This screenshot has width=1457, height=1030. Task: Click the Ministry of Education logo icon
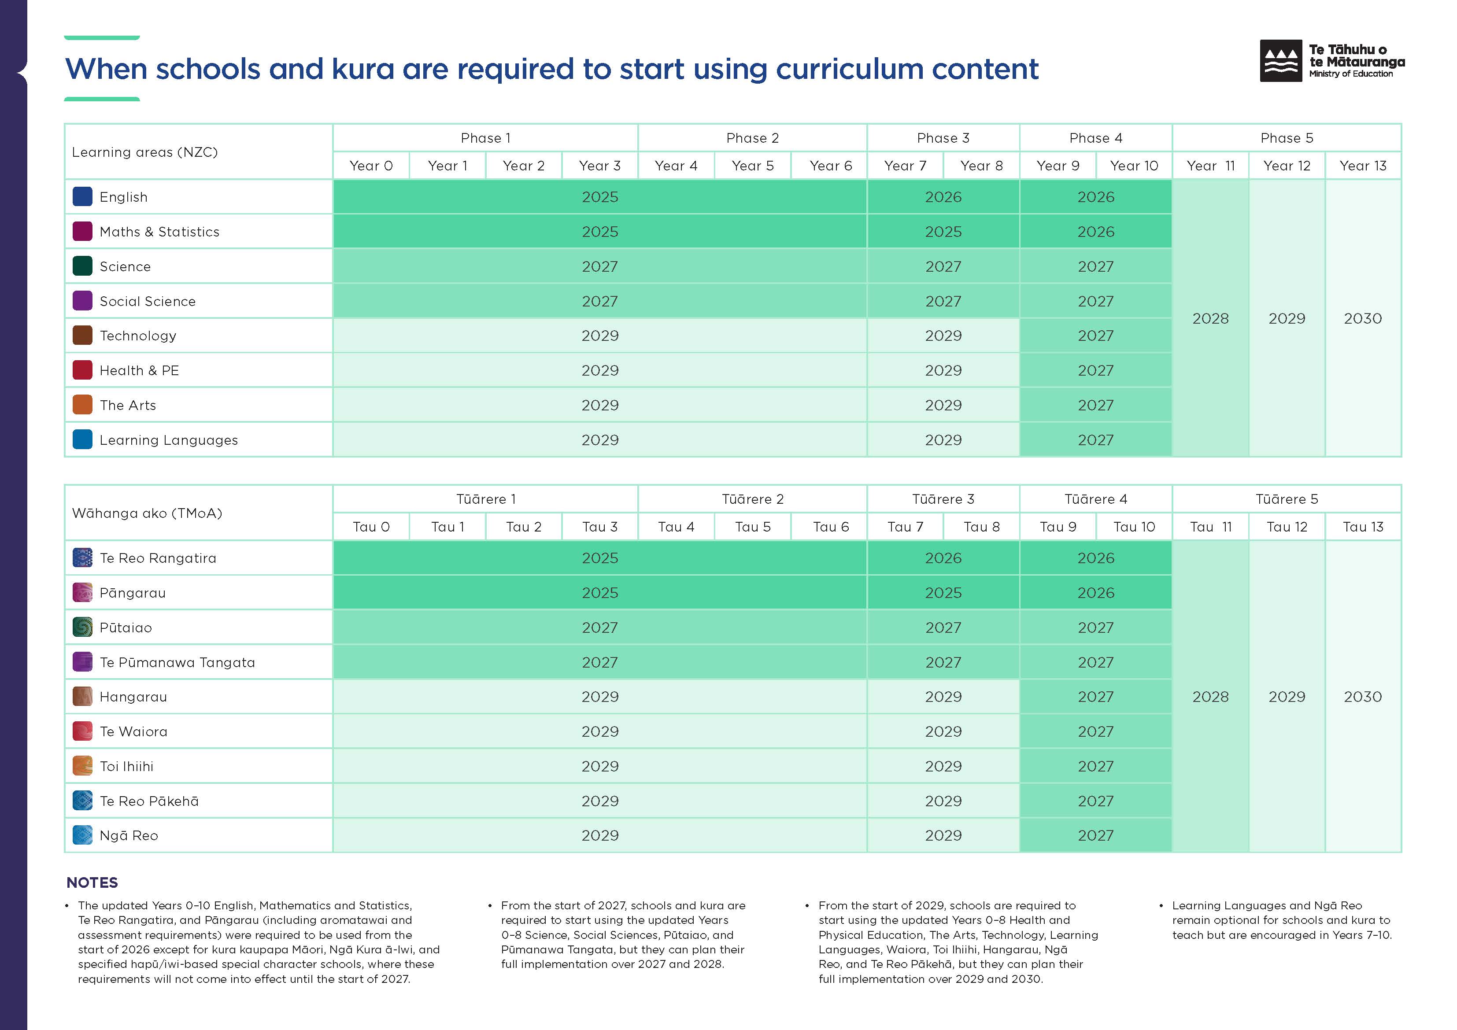(x=1280, y=61)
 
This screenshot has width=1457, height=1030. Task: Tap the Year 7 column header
(x=905, y=166)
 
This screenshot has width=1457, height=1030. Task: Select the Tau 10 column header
(x=1134, y=527)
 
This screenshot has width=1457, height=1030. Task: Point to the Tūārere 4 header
(x=1095, y=499)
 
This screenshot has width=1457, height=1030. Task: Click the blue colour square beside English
(x=82, y=197)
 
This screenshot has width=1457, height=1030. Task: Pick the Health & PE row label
(x=139, y=371)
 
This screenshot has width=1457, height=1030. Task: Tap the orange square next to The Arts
(x=82, y=405)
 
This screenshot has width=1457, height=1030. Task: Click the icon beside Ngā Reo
(x=82, y=835)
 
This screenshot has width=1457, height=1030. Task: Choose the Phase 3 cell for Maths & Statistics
(x=943, y=232)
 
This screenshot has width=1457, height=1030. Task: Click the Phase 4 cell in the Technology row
(x=1095, y=336)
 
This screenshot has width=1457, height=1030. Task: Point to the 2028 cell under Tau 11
(x=1210, y=696)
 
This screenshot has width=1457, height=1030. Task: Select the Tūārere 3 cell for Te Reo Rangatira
(x=943, y=558)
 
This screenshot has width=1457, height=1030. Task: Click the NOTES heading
(x=92, y=883)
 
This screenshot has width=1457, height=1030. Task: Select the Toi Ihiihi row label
(x=126, y=766)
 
